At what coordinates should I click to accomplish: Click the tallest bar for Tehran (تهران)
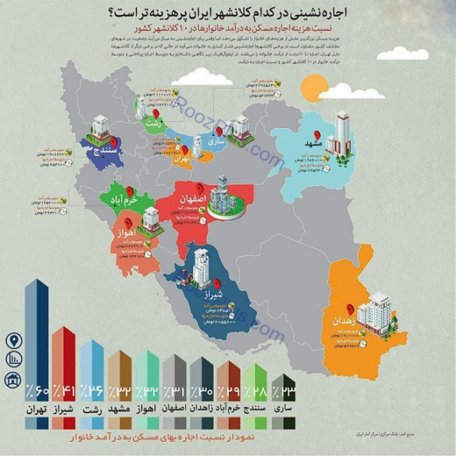[38, 334]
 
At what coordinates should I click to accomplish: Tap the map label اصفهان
[193, 198]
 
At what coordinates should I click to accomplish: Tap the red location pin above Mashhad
[317, 135]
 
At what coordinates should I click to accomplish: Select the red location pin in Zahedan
[350, 308]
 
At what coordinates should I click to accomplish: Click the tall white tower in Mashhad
[342, 131]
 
